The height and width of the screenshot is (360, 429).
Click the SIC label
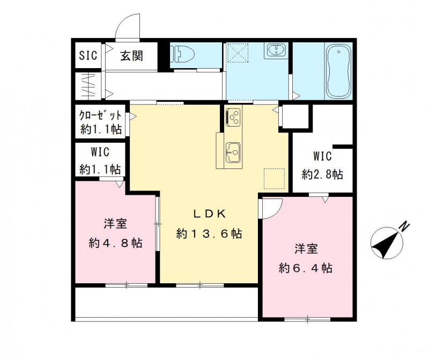click(x=88, y=55)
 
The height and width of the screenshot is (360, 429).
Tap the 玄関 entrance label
click(x=130, y=55)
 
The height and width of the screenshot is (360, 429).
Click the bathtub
click(x=338, y=72)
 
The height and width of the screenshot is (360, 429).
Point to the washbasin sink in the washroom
click(x=277, y=51)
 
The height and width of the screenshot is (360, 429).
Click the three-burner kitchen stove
click(x=234, y=117)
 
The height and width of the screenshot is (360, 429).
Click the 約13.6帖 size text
click(x=209, y=234)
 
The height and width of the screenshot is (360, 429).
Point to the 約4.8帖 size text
click(x=115, y=243)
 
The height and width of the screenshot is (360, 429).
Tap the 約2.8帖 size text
click(x=322, y=174)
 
